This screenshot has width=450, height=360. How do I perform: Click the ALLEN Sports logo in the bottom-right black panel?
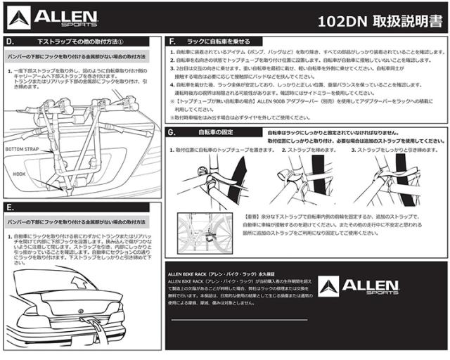pyautogui.click(x=359, y=285)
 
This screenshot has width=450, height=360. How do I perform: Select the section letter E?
pyautogui.click(x=9, y=207)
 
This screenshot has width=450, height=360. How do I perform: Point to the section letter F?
pyautogui.click(x=173, y=42)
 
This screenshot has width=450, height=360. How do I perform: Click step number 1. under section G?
pyautogui.click(x=171, y=150)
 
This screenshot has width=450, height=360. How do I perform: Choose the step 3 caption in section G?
pyautogui.click(x=397, y=150)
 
